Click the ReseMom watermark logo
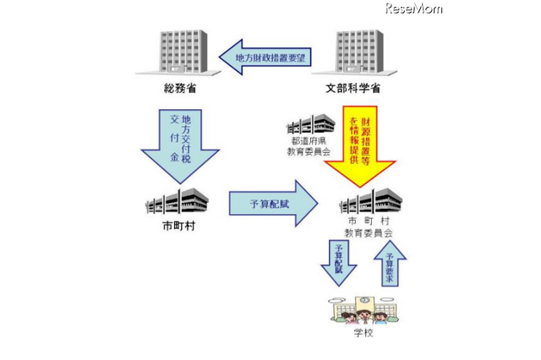coord(413,9)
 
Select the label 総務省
coord(176,88)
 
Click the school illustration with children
coord(364,310)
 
